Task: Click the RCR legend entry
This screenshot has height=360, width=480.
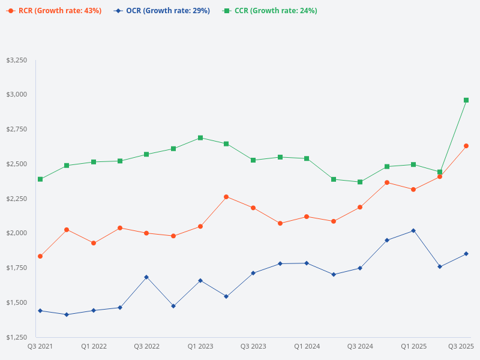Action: click(x=54, y=11)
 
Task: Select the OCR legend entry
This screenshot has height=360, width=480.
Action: click(x=162, y=11)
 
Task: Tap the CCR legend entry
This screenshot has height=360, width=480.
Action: click(x=269, y=11)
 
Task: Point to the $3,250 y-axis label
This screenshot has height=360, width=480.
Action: click(x=16, y=61)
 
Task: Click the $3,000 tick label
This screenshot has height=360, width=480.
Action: click(x=16, y=95)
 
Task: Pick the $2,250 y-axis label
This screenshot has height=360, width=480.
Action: click(x=16, y=199)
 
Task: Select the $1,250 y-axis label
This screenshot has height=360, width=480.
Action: click(x=16, y=337)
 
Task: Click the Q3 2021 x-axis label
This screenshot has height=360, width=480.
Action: click(x=40, y=346)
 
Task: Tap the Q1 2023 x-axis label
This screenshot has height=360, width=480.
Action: click(x=200, y=346)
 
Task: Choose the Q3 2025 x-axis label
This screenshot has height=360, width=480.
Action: click(x=461, y=346)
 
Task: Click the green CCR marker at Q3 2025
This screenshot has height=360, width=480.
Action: click(x=466, y=100)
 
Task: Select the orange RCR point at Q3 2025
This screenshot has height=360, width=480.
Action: click(x=466, y=146)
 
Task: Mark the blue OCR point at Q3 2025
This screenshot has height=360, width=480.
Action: click(x=466, y=254)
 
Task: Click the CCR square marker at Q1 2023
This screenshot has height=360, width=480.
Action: click(x=200, y=138)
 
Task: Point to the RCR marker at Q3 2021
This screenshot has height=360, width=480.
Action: click(x=40, y=256)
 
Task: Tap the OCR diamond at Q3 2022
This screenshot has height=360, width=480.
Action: click(x=146, y=277)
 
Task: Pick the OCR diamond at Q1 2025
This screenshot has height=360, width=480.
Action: click(x=413, y=230)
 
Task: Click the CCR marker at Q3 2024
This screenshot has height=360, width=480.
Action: click(x=360, y=182)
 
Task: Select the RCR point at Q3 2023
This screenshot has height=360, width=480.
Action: click(x=253, y=208)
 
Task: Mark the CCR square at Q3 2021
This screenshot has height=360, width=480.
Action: click(x=40, y=179)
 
